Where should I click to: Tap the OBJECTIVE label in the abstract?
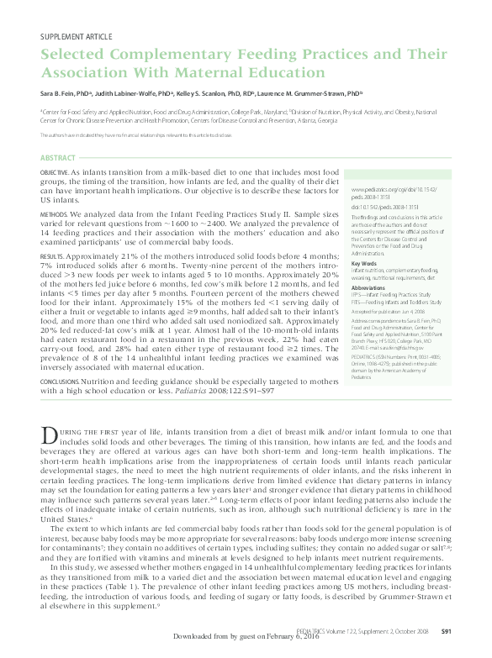(56, 171)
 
